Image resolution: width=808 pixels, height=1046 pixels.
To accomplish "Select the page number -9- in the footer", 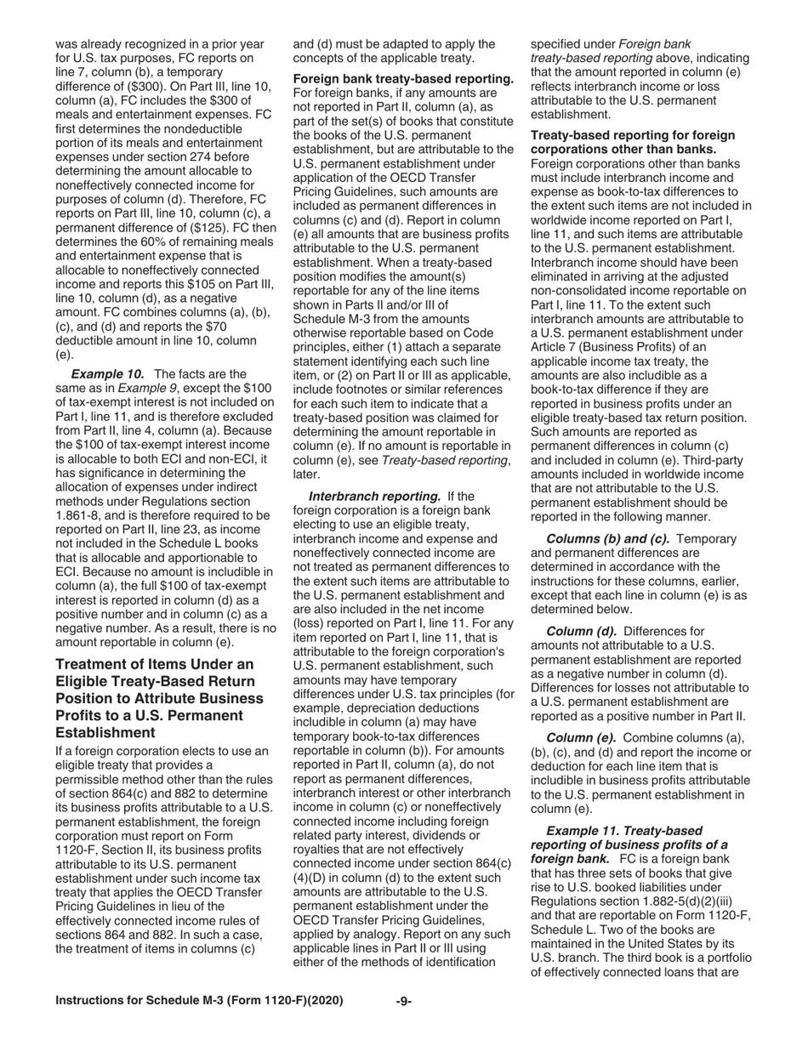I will (404, 1001).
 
